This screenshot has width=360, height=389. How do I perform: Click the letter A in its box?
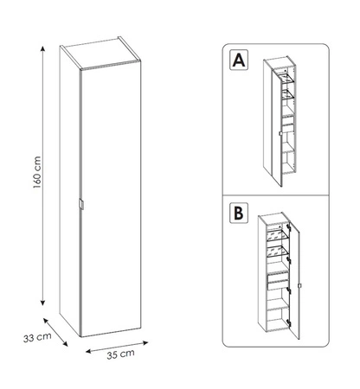click(235, 62)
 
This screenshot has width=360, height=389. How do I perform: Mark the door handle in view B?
click(299, 286)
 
